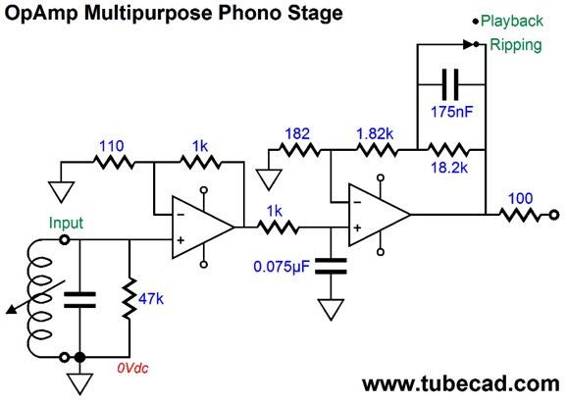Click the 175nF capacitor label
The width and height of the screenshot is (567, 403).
[x=451, y=112]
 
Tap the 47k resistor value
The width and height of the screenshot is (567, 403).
[x=151, y=299]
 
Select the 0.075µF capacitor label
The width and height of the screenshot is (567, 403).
[x=282, y=267]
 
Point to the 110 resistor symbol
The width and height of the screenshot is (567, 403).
[x=114, y=163]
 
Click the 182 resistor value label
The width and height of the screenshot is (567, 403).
[x=297, y=133]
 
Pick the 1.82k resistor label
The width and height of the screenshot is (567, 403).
[x=375, y=133]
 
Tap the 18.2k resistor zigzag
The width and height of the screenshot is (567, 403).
[x=447, y=149]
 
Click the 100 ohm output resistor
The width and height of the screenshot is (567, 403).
[x=520, y=216]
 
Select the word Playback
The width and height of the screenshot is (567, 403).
[x=512, y=21]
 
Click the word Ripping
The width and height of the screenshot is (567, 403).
[x=516, y=45]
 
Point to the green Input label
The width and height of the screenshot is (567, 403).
[x=66, y=223]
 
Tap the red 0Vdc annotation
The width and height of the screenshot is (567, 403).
[x=132, y=369]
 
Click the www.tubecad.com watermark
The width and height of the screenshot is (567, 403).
[x=461, y=383]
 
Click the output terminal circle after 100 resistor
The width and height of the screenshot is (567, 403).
[x=554, y=215]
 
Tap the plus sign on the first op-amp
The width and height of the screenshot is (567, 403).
[x=180, y=240]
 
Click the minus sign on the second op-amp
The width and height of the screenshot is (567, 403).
[x=357, y=202]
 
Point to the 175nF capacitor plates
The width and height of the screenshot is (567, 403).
[x=450, y=84]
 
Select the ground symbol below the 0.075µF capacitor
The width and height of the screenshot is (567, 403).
[x=331, y=310]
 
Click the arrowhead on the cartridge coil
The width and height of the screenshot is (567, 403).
[x=12, y=310]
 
